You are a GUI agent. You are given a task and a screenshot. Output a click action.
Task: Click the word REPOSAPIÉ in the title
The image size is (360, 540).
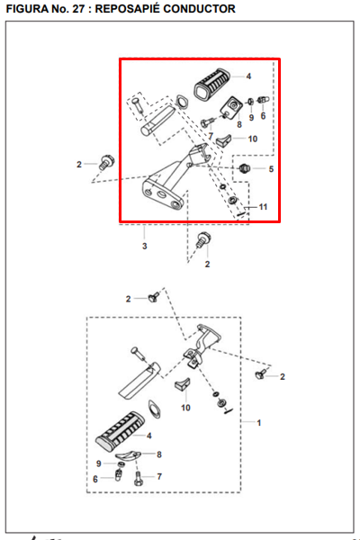pos(126,9)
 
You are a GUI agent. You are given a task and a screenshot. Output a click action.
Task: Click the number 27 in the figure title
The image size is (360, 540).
pos(78,9)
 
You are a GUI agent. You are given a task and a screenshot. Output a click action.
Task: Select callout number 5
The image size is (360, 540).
pos(271,169)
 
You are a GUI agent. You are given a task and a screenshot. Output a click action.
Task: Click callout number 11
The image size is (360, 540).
pos(263,207)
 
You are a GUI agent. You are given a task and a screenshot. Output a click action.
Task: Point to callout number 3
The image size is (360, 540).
pos(145,247)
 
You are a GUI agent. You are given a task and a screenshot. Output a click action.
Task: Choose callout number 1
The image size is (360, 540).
pos(259,423)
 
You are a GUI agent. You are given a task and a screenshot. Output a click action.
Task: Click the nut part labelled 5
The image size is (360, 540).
pos(244,168)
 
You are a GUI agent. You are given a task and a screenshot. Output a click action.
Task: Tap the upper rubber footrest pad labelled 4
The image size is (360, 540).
pos(211,84)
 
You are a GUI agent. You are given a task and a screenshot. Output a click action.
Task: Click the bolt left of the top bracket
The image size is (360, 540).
pos(107,163)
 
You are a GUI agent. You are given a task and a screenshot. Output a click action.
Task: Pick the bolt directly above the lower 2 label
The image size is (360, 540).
pos(203,239)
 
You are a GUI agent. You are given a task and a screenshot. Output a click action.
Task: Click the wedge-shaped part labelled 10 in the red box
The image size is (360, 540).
pos(223,139)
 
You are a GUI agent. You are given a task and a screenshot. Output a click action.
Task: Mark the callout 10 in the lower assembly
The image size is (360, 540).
pos(185,408)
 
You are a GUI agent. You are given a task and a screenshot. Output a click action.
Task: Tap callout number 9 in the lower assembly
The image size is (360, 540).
pos(98,463)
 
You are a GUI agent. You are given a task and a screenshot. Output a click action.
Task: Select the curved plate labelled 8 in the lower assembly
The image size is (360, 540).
pos(128,455)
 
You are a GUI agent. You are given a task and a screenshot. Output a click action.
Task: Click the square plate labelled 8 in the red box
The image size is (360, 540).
pos(230,107)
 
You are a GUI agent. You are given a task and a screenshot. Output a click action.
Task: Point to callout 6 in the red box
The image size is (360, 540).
pos(263,116)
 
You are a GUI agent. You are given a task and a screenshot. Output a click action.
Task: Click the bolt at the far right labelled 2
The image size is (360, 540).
pos(261,373)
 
